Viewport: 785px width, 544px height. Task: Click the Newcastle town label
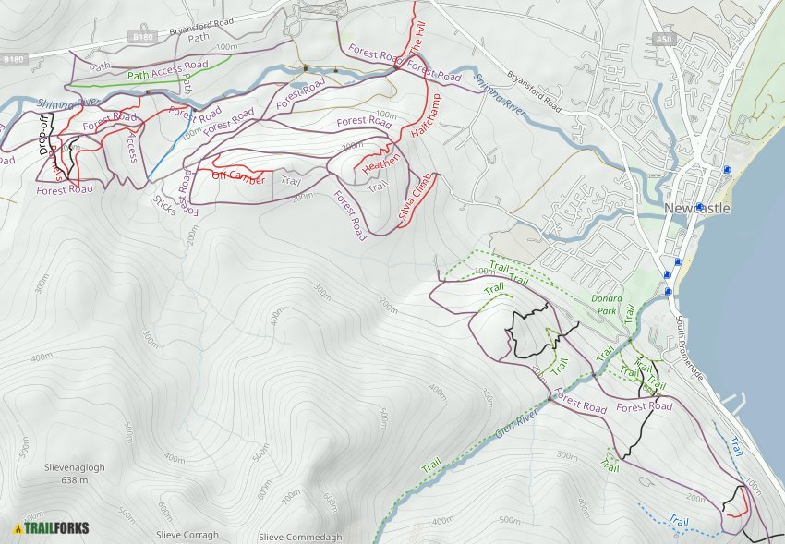click(x=697, y=209)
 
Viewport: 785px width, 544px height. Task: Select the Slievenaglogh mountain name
click(x=74, y=467)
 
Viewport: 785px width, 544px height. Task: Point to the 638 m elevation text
click(x=74, y=480)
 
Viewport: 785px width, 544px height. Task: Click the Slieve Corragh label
click(x=187, y=535)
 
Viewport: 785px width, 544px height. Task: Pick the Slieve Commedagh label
click(x=300, y=538)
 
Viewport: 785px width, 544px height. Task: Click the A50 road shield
click(x=661, y=39)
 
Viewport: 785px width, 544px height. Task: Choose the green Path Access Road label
click(x=168, y=71)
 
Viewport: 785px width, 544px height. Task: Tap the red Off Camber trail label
click(x=238, y=176)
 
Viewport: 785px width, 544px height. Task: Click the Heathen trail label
click(x=381, y=163)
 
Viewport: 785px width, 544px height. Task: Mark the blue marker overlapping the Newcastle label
click(x=700, y=206)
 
